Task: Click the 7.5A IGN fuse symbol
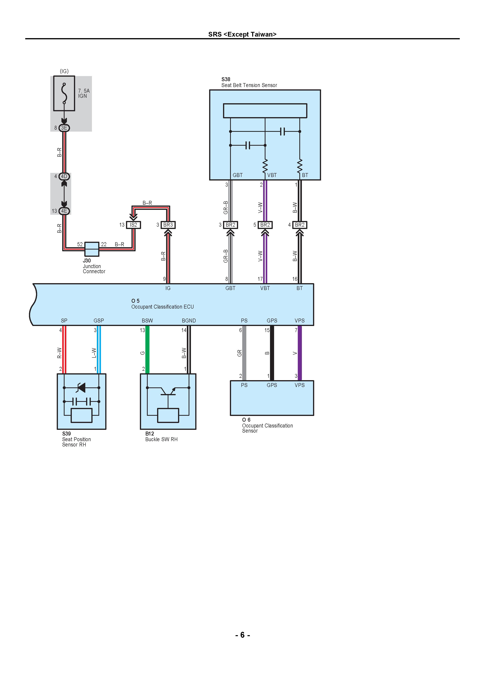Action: [x=64, y=93]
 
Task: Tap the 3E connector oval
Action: [x=64, y=128]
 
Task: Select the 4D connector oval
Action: [x=64, y=176]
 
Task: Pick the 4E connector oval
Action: [x=64, y=211]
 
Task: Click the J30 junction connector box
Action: [x=92, y=249]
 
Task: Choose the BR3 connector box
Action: [x=168, y=225]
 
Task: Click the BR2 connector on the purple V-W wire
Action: [x=265, y=225]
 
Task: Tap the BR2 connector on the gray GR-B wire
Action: [x=230, y=225]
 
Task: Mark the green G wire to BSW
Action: [x=147, y=350]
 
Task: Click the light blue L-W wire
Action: [x=99, y=350]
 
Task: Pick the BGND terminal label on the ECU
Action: [x=189, y=321]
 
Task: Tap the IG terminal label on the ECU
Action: [x=168, y=288]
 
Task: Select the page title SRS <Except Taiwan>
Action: [x=242, y=34]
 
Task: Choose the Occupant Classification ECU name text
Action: [x=163, y=307]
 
